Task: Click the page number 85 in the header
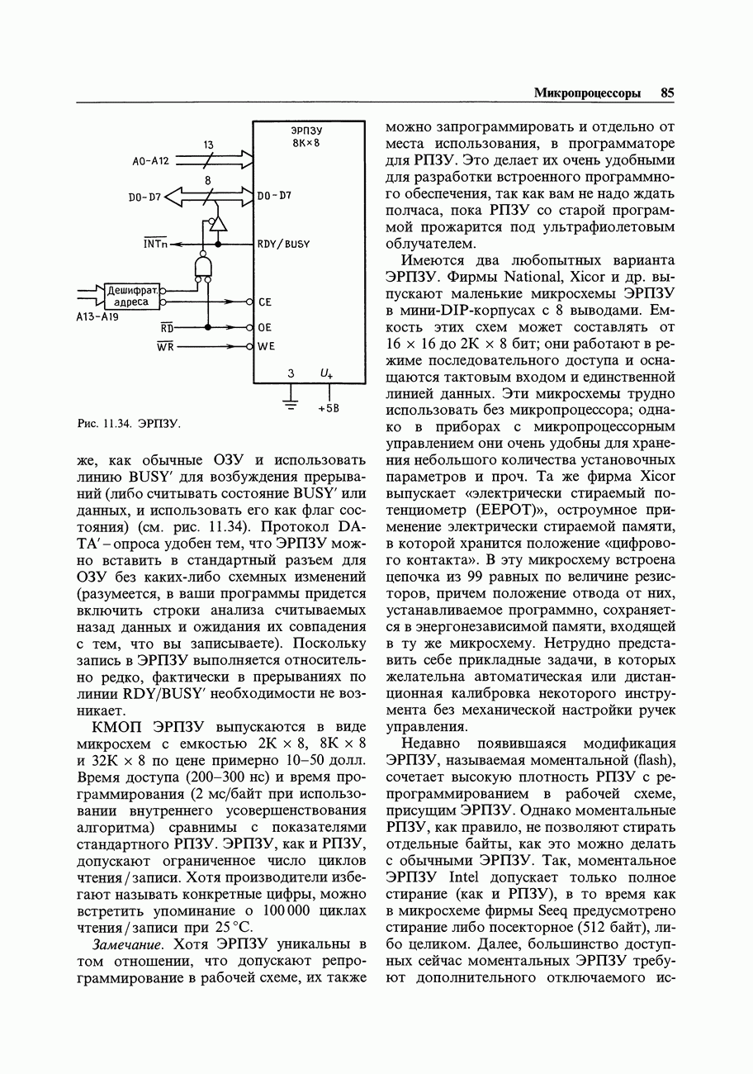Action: (x=667, y=93)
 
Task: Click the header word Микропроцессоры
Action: (x=587, y=93)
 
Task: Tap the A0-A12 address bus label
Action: (x=150, y=161)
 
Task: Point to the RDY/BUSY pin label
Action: (x=283, y=245)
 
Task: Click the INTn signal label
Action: (x=154, y=244)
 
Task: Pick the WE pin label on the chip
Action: (x=266, y=347)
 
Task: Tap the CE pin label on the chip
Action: (x=264, y=302)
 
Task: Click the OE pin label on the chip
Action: (x=264, y=327)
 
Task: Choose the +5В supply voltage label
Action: (x=329, y=409)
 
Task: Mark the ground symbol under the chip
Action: (x=291, y=404)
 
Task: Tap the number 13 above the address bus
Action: (x=209, y=145)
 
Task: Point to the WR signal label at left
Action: (x=165, y=346)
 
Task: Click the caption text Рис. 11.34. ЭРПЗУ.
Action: (x=128, y=424)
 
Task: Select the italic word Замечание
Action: (x=128, y=944)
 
